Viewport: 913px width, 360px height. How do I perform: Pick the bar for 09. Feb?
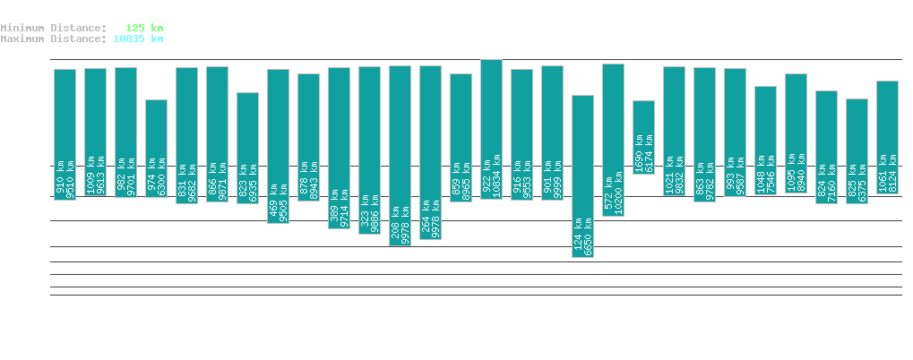[x=156, y=148]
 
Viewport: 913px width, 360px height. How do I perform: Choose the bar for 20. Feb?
[x=491, y=129]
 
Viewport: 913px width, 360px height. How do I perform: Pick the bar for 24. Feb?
[x=613, y=140]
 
